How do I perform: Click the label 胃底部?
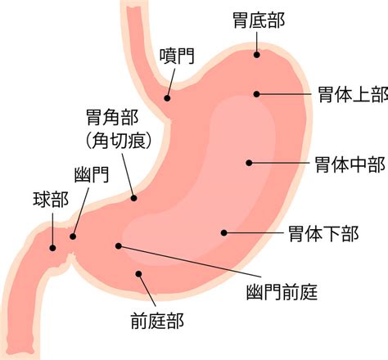pyautogui.click(x=259, y=20)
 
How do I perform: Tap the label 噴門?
pyautogui.click(x=177, y=56)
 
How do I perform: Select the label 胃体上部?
pyautogui.click(x=353, y=94)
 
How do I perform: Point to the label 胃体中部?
pyautogui.click(x=350, y=164)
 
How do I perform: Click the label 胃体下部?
pyautogui.click(x=323, y=234)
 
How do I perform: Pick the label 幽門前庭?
pyautogui.click(x=282, y=292)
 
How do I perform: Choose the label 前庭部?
pyautogui.click(x=157, y=321)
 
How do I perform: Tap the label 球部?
pyautogui.click(x=51, y=200)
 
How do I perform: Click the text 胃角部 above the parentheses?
pyautogui.click(x=112, y=117)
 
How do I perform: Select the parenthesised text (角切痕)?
pyautogui.click(x=119, y=141)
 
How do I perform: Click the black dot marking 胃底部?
pyautogui.click(x=256, y=55)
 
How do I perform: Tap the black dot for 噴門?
pyautogui.click(x=167, y=98)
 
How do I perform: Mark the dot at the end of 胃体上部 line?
pyautogui.click(x=256, y=94)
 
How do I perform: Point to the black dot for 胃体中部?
pyautogui.click(x=249, y=163)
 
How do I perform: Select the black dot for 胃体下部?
pyautogui.click(x=224, y=232)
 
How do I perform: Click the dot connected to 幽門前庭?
pyautogui.click(x=119, y=246)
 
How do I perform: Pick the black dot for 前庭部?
pyautogui.click(x=139, y=273)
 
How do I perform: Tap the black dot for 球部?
pyautogui.click(x=53, y=248)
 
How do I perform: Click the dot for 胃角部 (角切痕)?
pyautogui.click(x=133, y=198)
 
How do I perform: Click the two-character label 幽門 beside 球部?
pyautogui.click(x=92, y=174)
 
